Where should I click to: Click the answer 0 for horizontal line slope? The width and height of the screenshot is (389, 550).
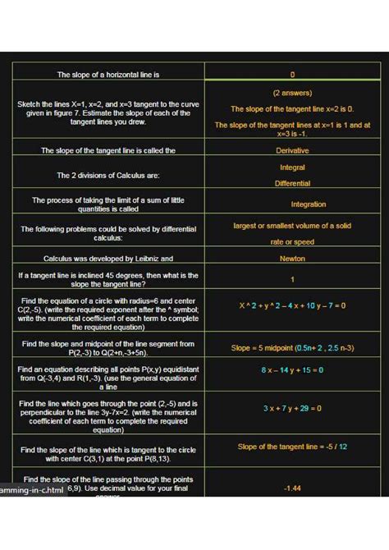292,75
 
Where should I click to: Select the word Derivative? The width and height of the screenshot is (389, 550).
292,150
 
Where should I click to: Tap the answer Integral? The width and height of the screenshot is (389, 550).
292,167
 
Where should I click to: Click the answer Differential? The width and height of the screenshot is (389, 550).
292,183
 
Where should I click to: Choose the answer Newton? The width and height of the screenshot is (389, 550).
292,258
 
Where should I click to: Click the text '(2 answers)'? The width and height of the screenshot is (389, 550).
292,93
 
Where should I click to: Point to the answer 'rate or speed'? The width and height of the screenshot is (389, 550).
292,242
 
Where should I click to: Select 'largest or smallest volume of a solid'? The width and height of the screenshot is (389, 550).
292,226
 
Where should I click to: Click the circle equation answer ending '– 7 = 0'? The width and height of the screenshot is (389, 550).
292,306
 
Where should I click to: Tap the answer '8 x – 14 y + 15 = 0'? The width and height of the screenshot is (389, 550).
292,370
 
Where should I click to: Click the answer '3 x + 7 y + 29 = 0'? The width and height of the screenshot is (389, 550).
292,408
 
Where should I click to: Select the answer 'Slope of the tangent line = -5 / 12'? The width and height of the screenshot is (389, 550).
292,447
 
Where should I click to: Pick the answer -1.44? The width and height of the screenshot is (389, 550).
292,488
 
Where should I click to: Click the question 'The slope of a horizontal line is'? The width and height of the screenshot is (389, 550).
108,75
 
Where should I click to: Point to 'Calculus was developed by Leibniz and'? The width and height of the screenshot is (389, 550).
108,258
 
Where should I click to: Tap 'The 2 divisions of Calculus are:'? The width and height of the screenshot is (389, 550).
108,176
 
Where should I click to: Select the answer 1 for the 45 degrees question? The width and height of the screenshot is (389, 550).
292,279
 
